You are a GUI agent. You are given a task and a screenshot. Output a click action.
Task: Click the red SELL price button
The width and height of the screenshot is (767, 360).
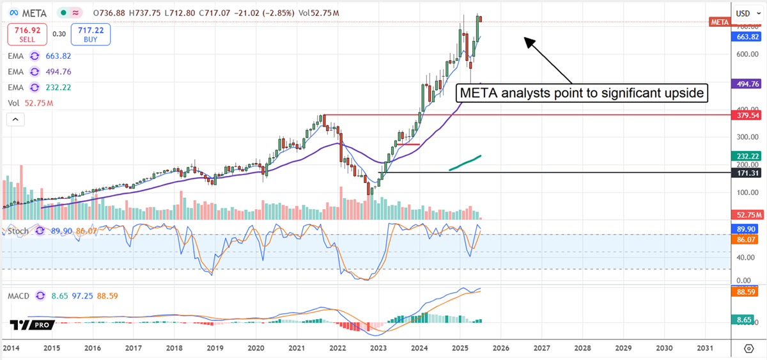tap(26, 34)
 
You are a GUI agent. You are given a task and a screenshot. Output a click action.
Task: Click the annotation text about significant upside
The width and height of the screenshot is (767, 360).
tap(582, 93)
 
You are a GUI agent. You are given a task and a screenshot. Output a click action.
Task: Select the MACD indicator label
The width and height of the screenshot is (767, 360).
tap(19, 296)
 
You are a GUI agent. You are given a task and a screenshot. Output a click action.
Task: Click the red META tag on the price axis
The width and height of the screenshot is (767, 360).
tap(719, 22)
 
